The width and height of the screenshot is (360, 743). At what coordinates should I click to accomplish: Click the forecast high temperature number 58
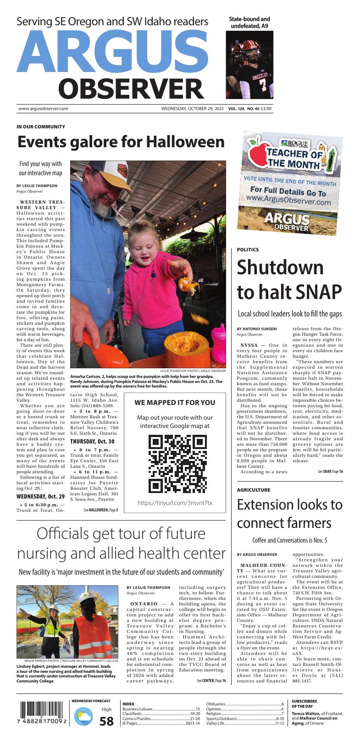click(x=106, y=721)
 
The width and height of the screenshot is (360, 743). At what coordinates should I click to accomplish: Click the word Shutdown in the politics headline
click(x=280, y=267)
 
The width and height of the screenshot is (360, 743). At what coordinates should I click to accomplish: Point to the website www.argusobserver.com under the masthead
click(x=43, y=109)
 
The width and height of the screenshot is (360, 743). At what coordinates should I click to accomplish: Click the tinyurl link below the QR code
click(x=175, y=503)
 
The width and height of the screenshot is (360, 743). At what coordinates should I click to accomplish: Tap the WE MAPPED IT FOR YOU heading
click(x=175, y=403)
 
